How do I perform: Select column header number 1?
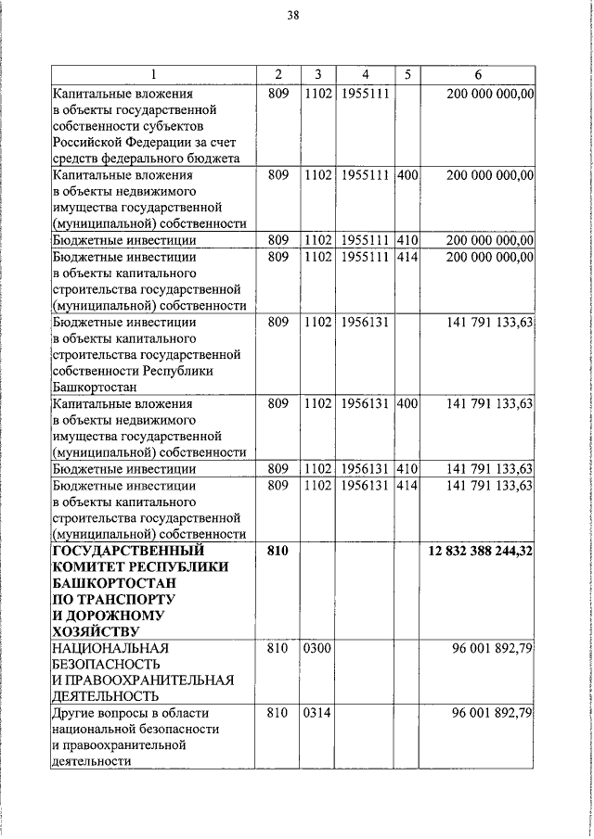click(154, 75)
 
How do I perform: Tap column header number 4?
click(365, 75)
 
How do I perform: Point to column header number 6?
click(476, 75)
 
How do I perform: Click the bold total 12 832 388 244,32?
click(480, 552)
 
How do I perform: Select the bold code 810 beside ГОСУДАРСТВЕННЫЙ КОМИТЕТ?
click(278, 552)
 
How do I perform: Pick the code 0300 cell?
click(316, 648)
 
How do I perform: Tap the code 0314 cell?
click(316, 713)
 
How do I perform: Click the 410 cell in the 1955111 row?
click(407, 240)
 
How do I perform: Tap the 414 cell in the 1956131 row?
click(407, 485)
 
